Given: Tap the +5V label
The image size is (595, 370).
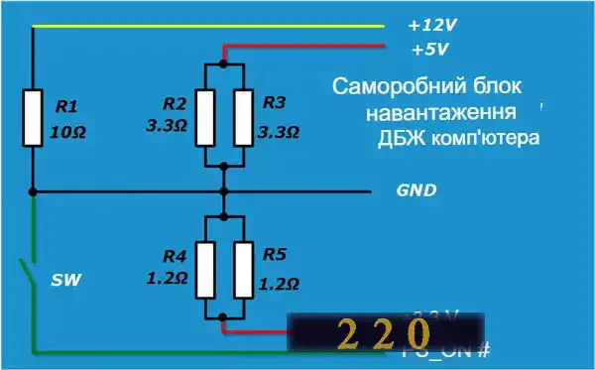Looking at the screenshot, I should (430, 48).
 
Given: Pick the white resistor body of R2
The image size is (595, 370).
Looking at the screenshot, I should (205, 116).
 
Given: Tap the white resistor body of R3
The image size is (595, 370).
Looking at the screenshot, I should (244, 116).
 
